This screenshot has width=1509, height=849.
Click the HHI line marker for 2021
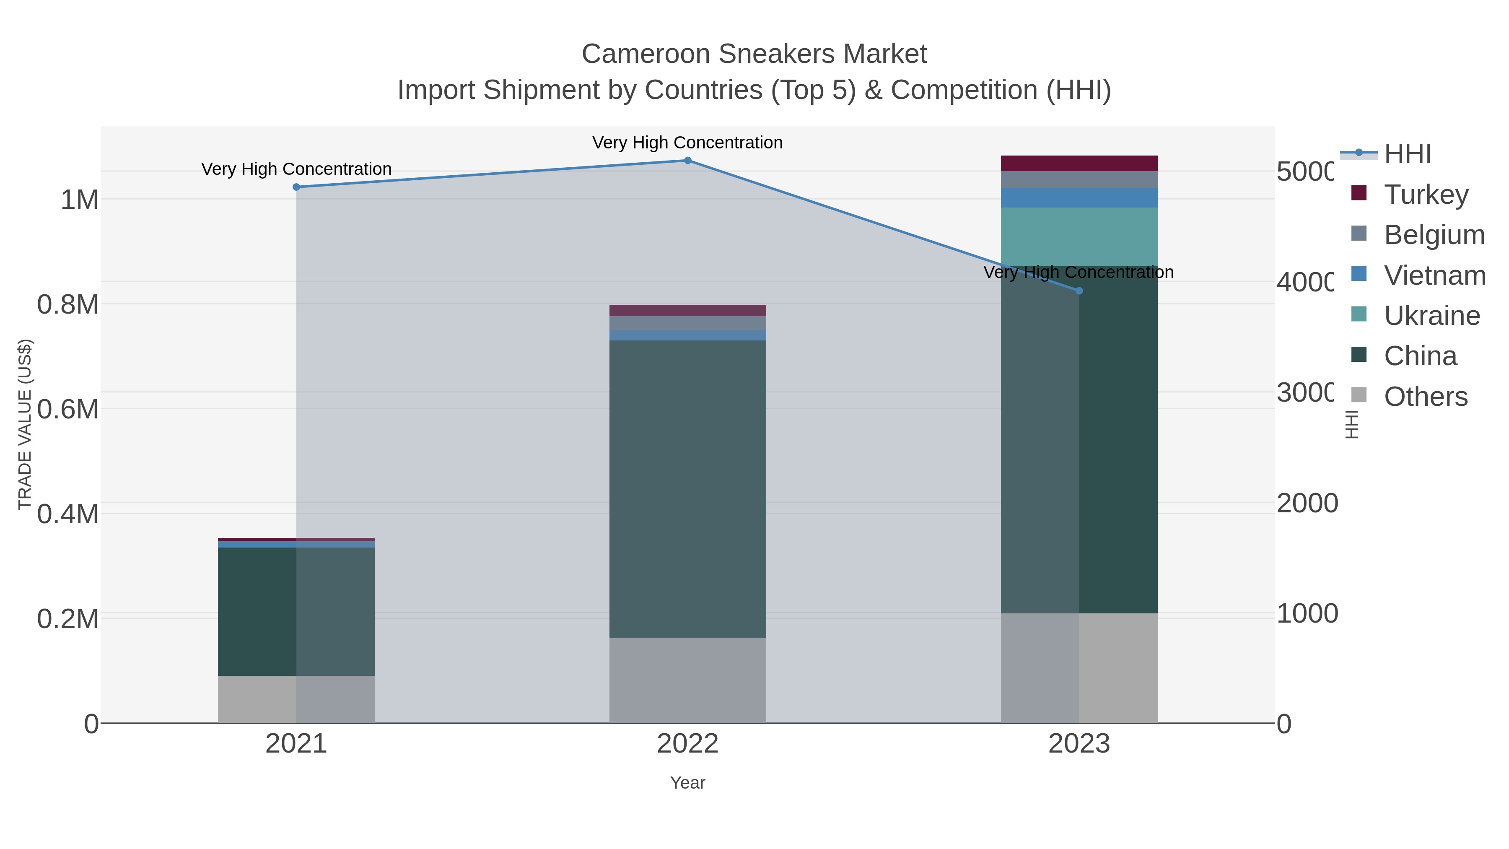tap(296, 187)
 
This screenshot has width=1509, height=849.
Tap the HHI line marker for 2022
tap(688, 160)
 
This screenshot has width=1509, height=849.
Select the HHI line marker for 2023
tap(1080, 291)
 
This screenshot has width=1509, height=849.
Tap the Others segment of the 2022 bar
tap(688, 680)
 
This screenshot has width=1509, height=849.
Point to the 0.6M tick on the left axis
tap(68, 409)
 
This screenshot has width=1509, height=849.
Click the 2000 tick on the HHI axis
tap(1307, 503)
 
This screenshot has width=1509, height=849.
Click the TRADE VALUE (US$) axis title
tap(25, 424)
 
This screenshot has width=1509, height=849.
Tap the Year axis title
tap(688, 783)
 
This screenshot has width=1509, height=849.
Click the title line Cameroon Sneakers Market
tap(754, 54)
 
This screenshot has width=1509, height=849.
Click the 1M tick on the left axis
tap(80, 200)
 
